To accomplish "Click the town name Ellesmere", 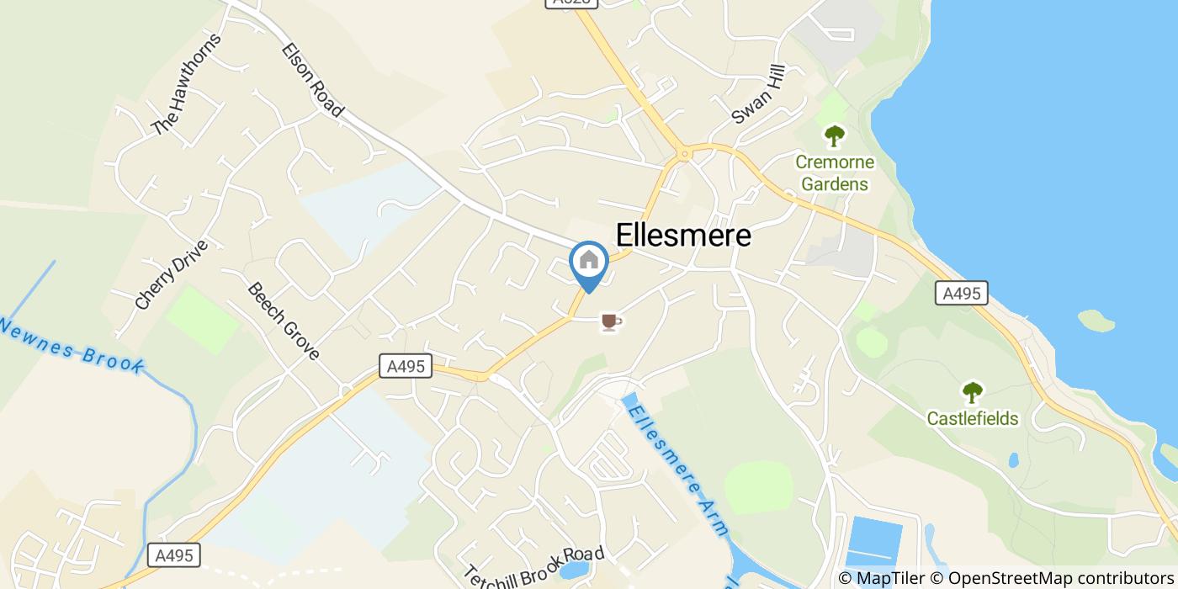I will pyautogui.click(x=683, y=236).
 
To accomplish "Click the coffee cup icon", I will pyautogui.click(x=611, y=321).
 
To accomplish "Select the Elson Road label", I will pyautogui.click(x=313, y=80).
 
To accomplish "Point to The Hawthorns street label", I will pyautogui.click(x=187, y=84).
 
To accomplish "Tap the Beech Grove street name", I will pyautogui.click(x=284, y=321).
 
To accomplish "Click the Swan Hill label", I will pyautogui.click(x=758, y=94).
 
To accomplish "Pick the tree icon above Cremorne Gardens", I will pyautogui.click(x=834, y=135).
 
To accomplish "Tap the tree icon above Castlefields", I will pyautogui.click(x=973, y=392).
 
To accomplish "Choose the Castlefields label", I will pyautogui.click(x=973, y=418).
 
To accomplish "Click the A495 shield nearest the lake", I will pyautogui.click(x=961, y=293).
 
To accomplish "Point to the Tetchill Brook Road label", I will pyautogui.click(x=534, y=567).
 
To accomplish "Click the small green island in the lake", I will pyautogui.click(x=1096, y=321).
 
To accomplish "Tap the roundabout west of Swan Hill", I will pyautogui.click(x=685, y=153).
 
